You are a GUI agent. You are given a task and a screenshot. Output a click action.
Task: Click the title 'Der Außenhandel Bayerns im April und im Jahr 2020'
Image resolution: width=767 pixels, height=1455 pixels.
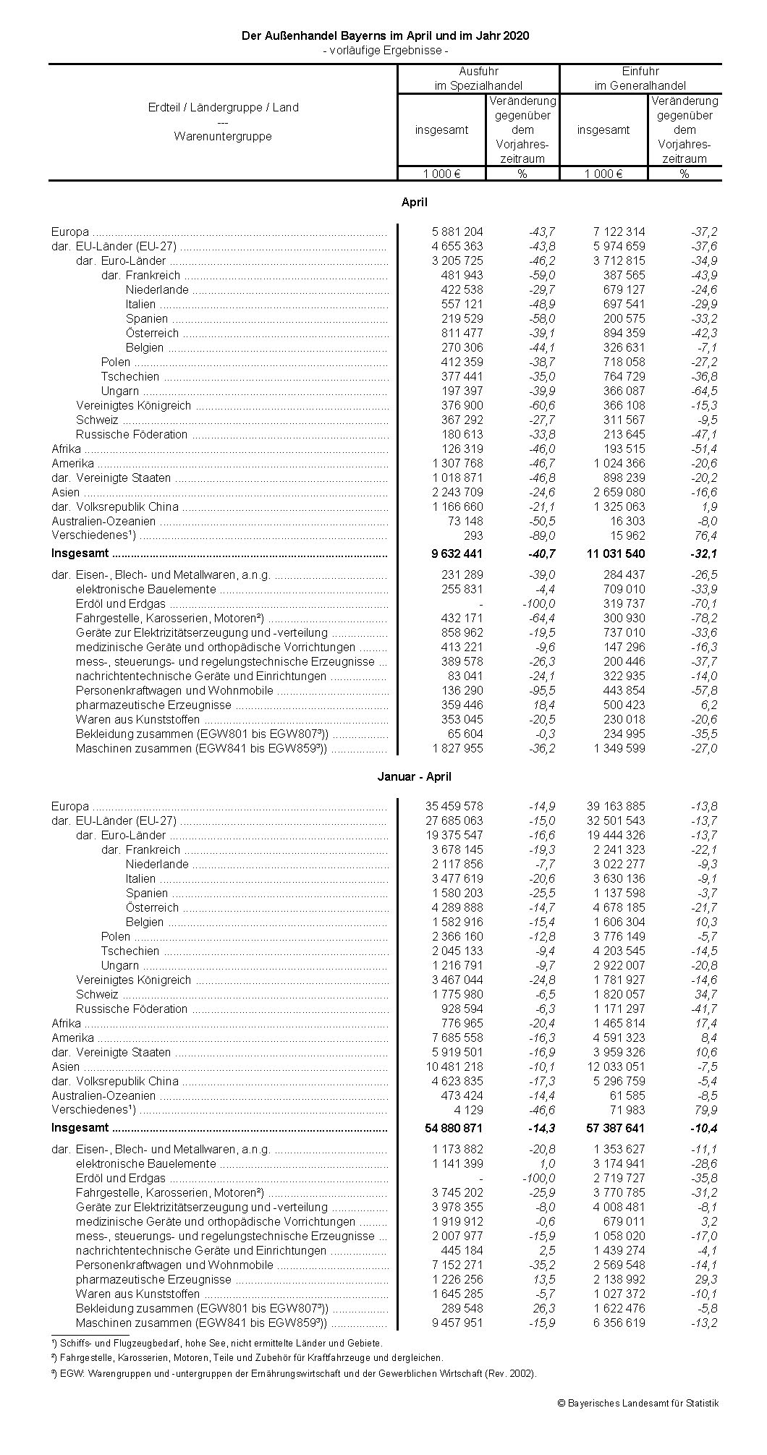point(385,35)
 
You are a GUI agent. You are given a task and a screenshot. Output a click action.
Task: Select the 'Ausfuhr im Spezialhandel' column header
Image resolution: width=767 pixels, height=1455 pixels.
point(478,79)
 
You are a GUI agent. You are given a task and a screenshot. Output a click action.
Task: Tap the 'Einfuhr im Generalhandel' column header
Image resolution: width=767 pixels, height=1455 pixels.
point(640,79)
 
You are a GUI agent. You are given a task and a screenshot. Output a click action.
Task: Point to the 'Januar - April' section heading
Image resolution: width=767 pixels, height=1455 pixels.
point(414,776)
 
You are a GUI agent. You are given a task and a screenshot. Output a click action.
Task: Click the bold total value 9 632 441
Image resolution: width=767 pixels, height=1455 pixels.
point(457,553)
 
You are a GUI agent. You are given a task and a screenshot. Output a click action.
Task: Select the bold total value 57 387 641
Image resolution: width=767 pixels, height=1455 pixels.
point(614,1128)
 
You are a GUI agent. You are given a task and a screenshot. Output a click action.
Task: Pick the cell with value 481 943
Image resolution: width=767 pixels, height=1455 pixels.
point(462,275)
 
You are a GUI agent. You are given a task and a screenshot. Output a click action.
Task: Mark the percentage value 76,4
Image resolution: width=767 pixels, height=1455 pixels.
point(705,535)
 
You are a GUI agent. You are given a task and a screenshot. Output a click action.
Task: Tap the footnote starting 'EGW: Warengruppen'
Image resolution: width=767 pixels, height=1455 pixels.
point(294,1373)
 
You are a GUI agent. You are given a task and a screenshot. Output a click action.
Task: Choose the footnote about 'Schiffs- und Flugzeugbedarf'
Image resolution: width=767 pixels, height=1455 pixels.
point(217,1342)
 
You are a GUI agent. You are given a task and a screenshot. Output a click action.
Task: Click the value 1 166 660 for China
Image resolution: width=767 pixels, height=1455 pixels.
point(457,506)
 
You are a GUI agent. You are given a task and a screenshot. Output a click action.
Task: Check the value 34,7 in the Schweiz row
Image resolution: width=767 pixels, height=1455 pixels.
point(705,994)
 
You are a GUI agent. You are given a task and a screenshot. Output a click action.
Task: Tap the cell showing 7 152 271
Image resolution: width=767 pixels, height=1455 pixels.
point(457,1265)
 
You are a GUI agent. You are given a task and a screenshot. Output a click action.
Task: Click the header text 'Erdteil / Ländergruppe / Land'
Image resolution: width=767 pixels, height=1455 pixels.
point(223,107)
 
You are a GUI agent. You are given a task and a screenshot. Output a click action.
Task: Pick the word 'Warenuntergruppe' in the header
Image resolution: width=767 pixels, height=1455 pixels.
point(223,136)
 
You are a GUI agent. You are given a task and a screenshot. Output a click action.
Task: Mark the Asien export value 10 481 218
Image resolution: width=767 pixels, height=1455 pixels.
point(454,1066)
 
